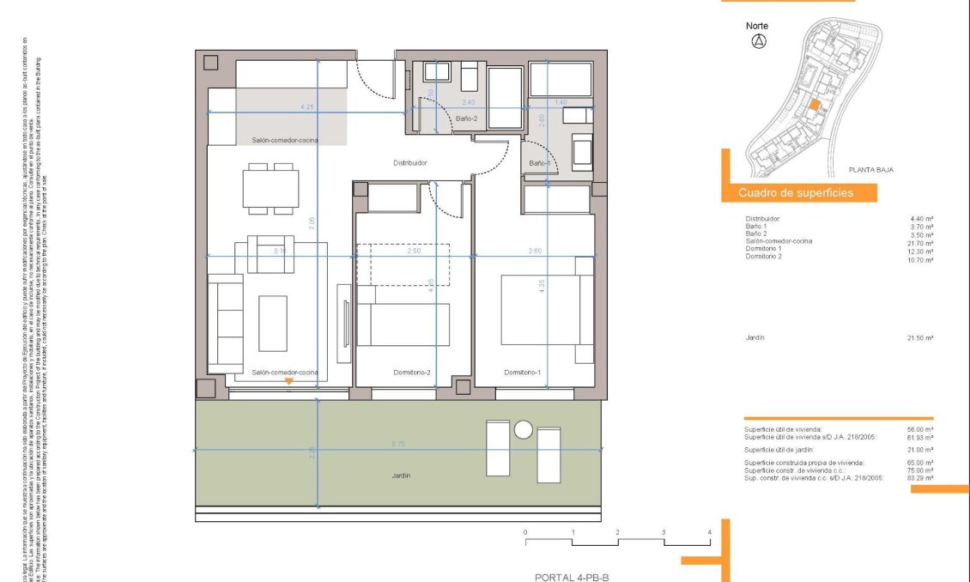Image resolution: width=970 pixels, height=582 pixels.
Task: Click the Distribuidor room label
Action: tap(410, 162)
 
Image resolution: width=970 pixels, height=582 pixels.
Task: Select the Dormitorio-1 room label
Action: tap(523, 372)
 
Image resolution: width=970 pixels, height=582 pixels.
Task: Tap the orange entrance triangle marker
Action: tap(289, 380)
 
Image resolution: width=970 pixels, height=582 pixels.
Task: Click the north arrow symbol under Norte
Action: tap(758, 42)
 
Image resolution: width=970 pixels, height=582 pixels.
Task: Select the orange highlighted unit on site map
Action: tap(815, 104)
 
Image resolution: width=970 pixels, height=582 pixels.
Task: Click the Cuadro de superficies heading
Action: tap(796, 193)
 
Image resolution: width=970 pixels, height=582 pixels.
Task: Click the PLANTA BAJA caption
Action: tap(870, 170)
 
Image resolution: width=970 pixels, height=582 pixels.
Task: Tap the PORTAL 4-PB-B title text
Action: tap(571, 578)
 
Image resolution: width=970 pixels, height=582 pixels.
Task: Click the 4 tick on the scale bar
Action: tap(710, 533)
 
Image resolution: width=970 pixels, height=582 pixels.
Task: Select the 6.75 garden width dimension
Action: tap(398, 444)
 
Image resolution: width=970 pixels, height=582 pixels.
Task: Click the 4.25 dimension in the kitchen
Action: tap(306, 106)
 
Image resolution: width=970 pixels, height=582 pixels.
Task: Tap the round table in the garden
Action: tap(524, 431)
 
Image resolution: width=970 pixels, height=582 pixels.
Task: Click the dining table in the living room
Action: tap(272, 188)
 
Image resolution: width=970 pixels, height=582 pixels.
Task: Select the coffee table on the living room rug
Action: tap(273, 323)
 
